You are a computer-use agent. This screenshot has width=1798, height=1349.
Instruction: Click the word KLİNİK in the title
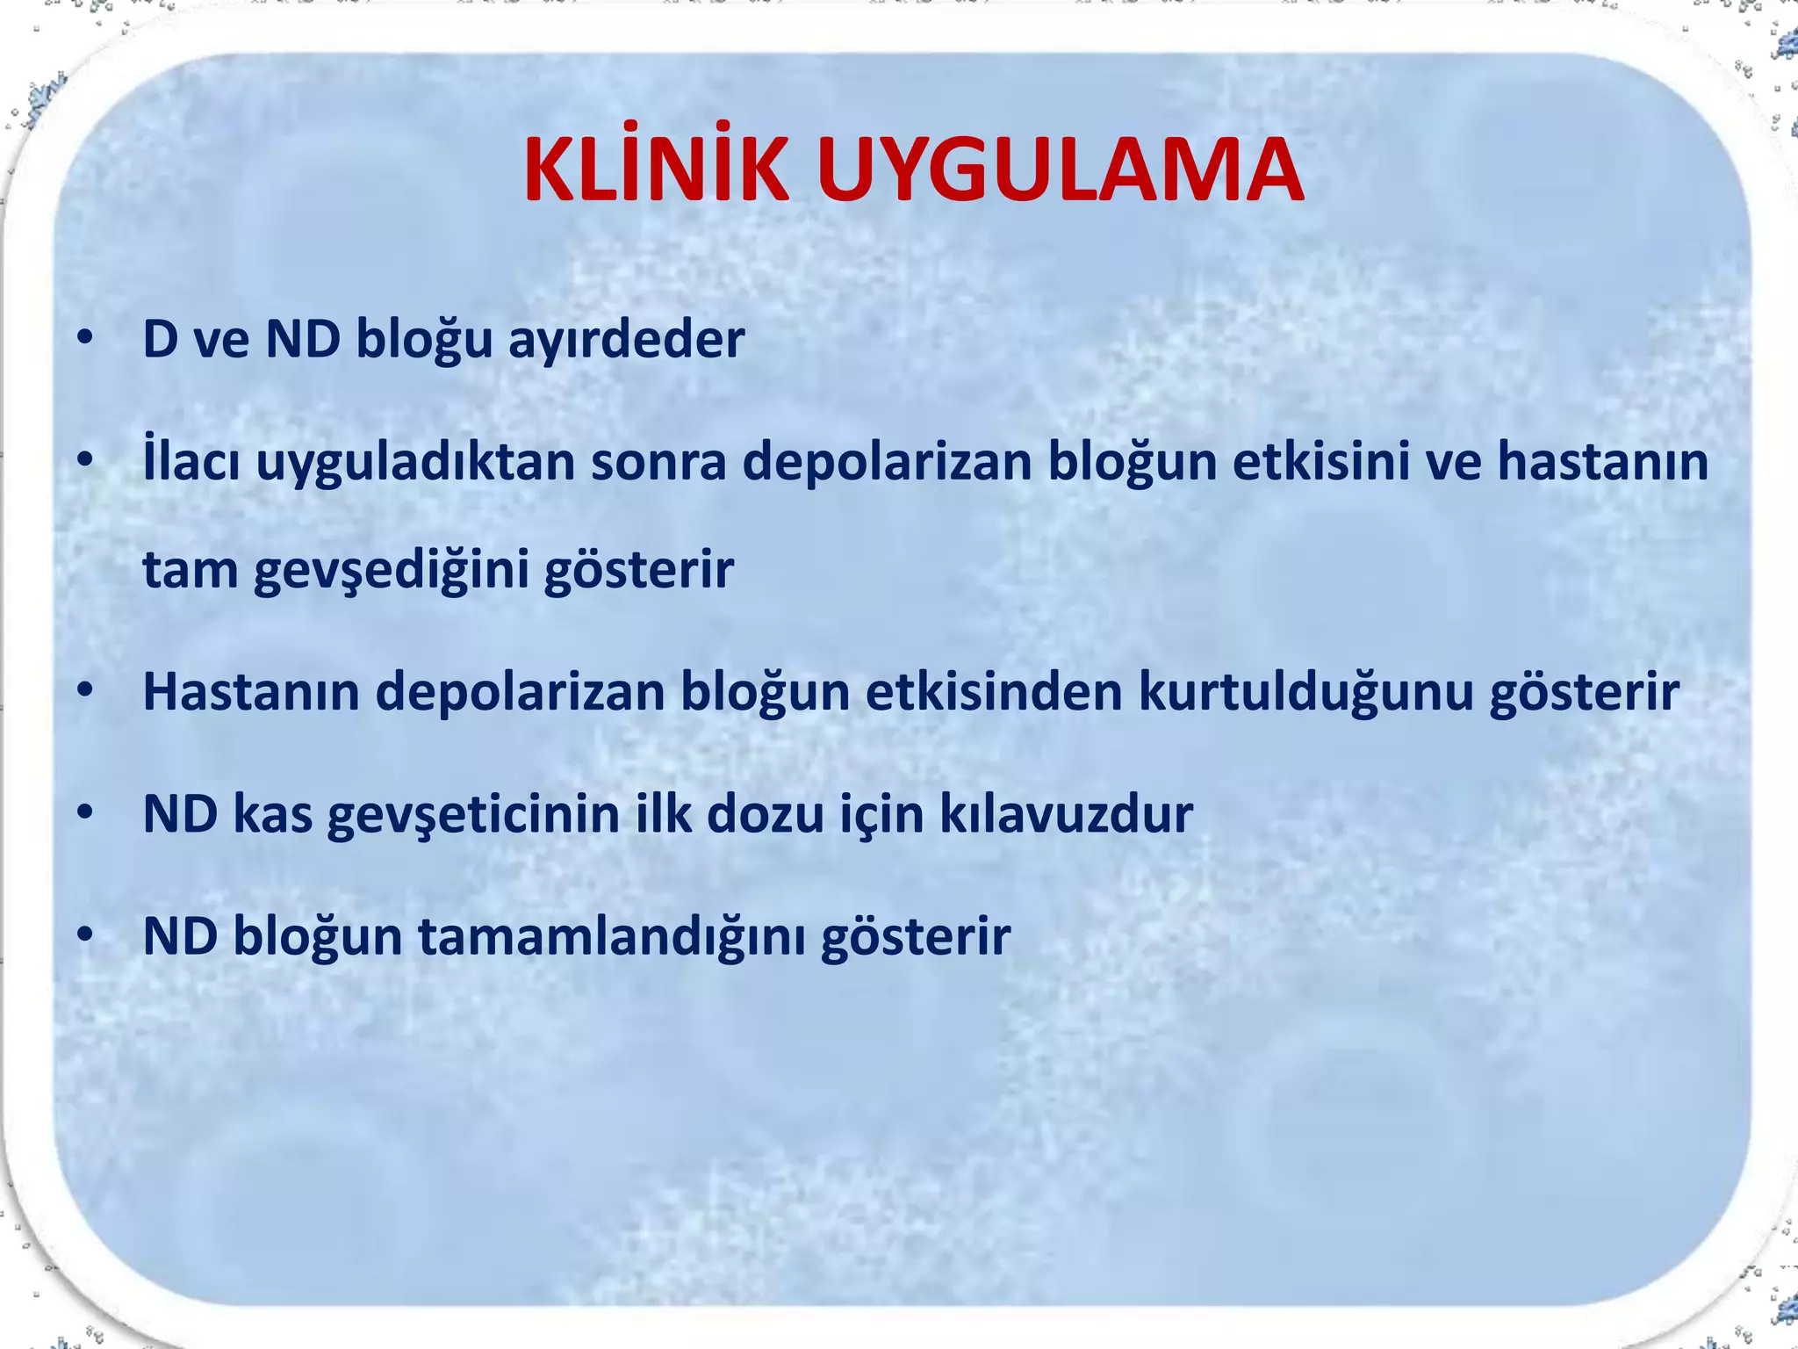[657, 170]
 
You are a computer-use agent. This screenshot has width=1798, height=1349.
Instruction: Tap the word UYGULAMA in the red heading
[1060, 170]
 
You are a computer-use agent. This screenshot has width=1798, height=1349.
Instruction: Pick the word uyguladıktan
[414, 463]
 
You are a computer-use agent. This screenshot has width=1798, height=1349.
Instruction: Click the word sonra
[658, 463]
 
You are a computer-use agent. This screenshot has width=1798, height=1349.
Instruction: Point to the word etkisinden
[994, 691]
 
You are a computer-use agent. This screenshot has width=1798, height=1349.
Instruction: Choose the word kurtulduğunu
[1305, 691]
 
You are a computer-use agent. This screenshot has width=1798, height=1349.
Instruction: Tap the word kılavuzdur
[1066, 814]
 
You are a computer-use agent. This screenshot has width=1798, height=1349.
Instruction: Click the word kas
[273, 814]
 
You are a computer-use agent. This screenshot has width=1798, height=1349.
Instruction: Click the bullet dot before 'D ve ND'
[84, 339]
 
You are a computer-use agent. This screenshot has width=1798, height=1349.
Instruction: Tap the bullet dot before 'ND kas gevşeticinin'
[84, 813]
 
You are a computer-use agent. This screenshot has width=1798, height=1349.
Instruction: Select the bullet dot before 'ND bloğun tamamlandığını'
[84, 935]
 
